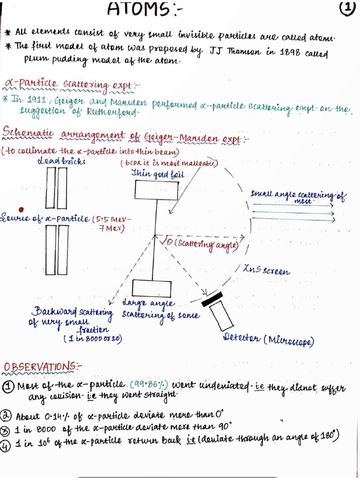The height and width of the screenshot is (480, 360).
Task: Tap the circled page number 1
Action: (346, 9)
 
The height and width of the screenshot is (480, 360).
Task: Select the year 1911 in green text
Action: (37, 100)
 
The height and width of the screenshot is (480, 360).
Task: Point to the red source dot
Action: (20, 210)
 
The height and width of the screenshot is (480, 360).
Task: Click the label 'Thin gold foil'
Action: (157, 174)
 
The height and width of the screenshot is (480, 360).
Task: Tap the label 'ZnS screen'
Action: (266, 271)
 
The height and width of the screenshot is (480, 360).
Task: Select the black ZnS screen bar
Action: (213, 297)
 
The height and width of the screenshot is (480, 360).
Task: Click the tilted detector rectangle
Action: (221, 315)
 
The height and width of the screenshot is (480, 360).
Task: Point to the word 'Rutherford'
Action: (112, 113)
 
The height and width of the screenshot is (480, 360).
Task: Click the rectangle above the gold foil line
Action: (157, 190)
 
